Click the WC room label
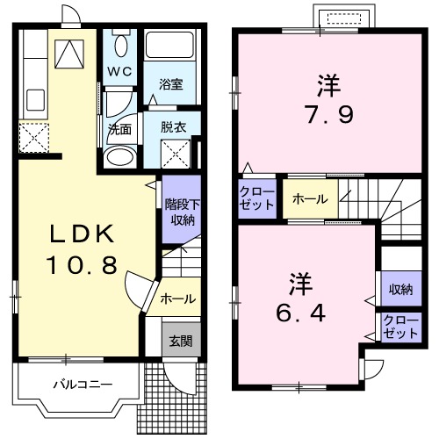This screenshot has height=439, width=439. coord(119,70)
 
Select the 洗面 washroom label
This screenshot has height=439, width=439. coord(119,127)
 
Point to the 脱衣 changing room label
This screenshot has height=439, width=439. coord(173,126)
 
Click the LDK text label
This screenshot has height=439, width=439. coord(81,235)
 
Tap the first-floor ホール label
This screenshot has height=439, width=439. coord(178,299)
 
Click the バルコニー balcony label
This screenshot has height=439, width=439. coord(81,384)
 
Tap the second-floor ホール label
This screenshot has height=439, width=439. coord(310,198)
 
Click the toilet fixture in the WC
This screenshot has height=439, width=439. coord(119,44)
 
